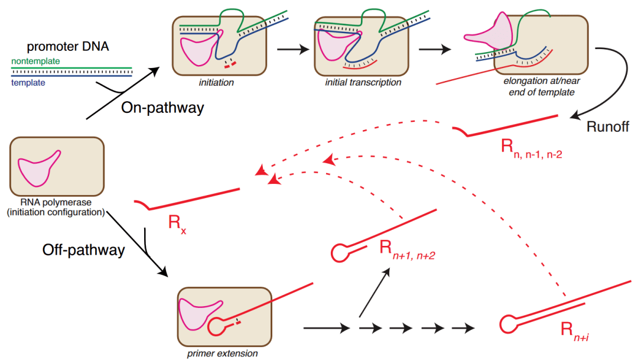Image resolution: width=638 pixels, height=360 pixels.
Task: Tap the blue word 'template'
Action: (28, 83)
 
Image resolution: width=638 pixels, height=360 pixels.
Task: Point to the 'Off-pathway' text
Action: (83, 249)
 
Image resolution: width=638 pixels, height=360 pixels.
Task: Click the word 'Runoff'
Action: (608, 127)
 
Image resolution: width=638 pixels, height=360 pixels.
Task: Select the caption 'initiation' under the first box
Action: (217, 83)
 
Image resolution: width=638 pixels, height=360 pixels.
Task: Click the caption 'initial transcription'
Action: (363, 83)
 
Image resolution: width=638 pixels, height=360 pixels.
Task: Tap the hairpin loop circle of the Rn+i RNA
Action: (507, 324)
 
